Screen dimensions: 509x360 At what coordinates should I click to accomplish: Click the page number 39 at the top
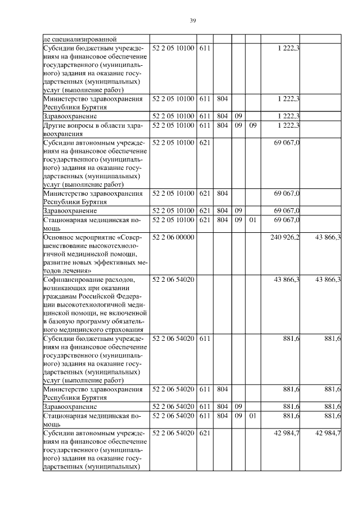point(192,20)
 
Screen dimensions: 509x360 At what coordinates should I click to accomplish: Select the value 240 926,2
point(286,237)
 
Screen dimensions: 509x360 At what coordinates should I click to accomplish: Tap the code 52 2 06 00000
point(173,237)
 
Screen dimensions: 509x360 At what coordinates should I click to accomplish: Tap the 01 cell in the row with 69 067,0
point(253,219)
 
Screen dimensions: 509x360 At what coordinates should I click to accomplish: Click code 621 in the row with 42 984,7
point(204,433)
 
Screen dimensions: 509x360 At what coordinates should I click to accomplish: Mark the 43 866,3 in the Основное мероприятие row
point(328,237)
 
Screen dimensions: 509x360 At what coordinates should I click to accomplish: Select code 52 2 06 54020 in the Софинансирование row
point(173,280)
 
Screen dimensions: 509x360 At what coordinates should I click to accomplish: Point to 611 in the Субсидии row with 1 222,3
point(204,49)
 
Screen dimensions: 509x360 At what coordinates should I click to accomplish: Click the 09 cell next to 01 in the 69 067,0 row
point(238,219)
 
